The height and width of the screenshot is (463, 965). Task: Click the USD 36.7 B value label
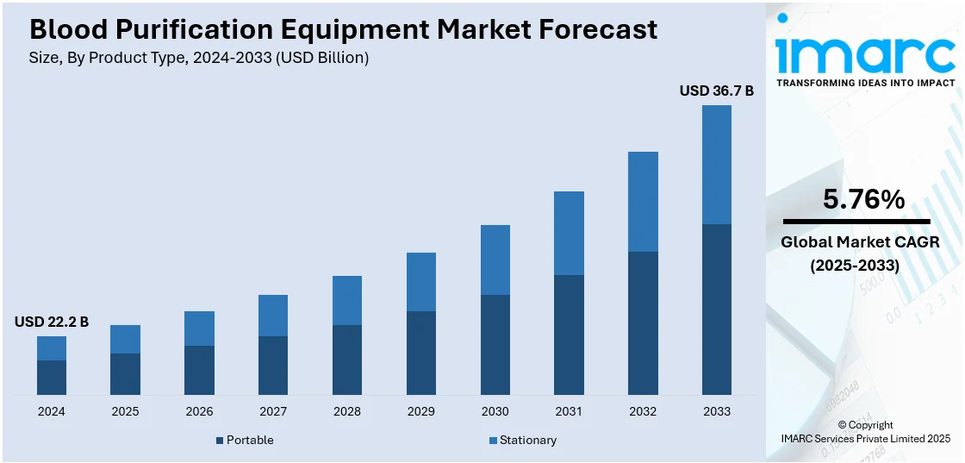tap(716, 91)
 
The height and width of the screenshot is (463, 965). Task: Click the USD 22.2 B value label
tap(52, 322)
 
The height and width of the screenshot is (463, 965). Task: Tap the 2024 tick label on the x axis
tap(52, 411)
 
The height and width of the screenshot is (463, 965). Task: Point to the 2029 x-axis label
tap(421, 411)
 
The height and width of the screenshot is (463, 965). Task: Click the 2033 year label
tap(716, 411)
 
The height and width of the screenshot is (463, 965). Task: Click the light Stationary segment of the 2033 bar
tap(716, 164)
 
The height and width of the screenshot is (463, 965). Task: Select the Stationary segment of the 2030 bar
tap(495, 260)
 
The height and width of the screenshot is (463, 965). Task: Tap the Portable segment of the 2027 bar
tap(273, 365)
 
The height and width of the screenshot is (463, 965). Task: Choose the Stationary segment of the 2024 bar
tap(52, 347)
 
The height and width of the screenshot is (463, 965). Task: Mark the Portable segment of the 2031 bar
tap(569, 335)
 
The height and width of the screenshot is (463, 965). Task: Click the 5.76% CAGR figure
tap(863, 199)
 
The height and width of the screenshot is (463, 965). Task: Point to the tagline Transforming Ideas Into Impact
tap(865, 83)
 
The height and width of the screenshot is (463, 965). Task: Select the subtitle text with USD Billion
tap(199, 58)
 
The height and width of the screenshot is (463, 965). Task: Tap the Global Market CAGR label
tap(860, 242)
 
